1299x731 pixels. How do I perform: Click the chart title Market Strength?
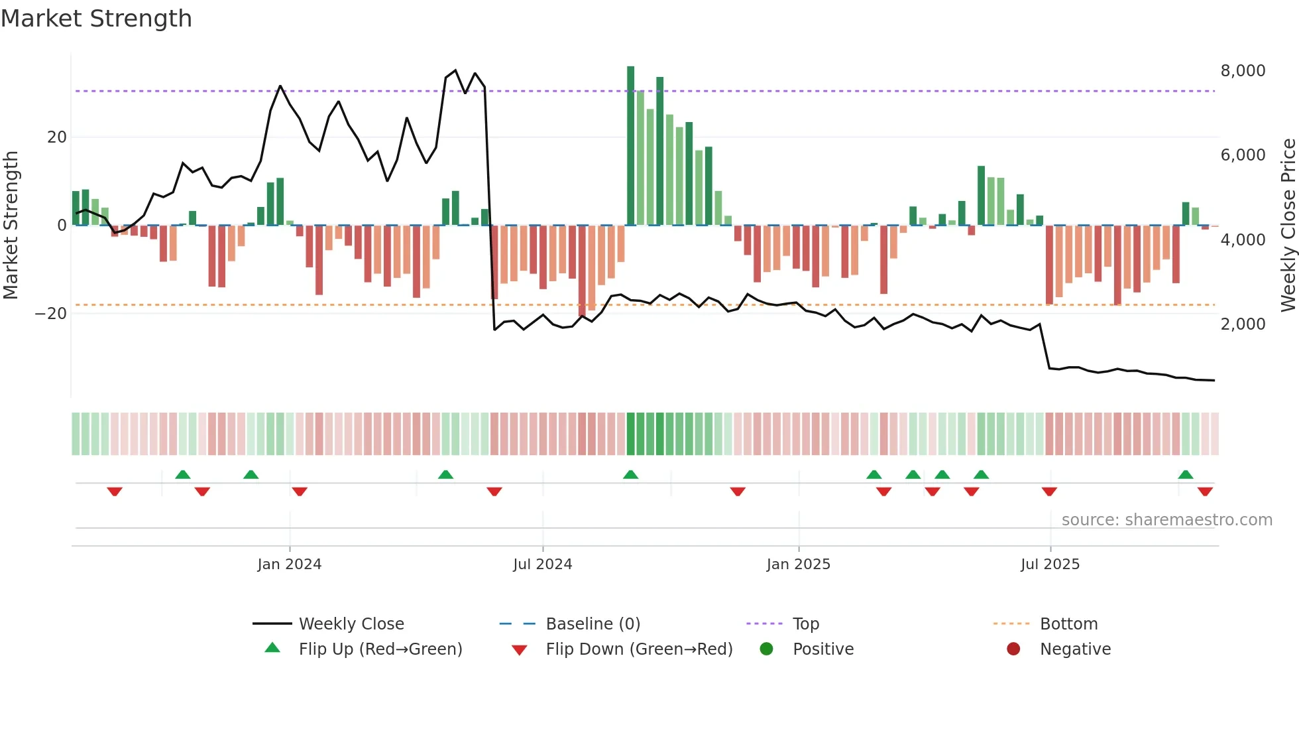(x=96, y=19)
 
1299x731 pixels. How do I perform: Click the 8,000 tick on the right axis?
(x=1243, y=71)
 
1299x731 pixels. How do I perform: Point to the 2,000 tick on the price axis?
(x=1243, y=324)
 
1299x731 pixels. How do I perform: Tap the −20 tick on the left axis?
(x=51, y=314)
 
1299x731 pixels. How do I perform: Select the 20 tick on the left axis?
(x=57, y=137)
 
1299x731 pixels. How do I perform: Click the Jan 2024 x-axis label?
(x=290, y=565)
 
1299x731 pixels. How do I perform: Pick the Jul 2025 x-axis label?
(x=1050, y=565)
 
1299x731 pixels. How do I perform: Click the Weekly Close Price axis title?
(x=1288, y=225)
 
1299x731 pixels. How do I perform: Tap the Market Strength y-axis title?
(x=11, y=225)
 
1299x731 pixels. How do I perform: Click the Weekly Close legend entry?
(x=351, y=624)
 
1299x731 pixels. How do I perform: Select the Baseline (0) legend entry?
(x=593, y=624)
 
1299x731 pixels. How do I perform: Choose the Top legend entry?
(x=805, y=624)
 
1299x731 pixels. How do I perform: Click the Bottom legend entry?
(x=1068, y=624)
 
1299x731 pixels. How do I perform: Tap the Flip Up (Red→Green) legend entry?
(x=380, y=649)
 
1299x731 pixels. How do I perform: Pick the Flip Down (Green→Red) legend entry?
(x=639, y=649)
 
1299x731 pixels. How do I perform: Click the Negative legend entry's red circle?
(x=1013, y=649)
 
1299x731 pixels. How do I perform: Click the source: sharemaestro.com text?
(x=1166, y=520)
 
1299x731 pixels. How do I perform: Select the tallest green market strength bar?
(x=630, y=146)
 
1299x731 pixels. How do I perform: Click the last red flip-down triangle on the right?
(x=1205, y=492)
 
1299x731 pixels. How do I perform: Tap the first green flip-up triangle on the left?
(x=183, y=474)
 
